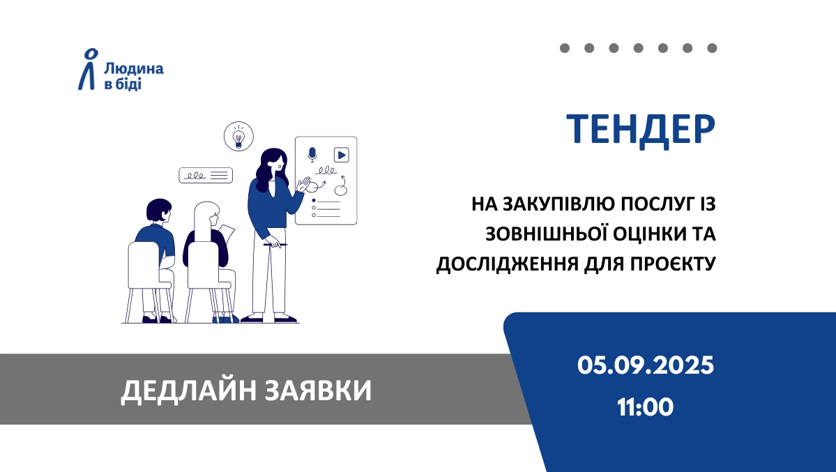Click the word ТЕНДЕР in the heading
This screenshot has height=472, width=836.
click(x=640, y=130)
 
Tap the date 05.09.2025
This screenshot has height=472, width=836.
click(x=645, y=366)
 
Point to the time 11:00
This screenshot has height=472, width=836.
click(x=645, y=407)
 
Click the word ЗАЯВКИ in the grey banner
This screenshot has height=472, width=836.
click(x=319, y=390)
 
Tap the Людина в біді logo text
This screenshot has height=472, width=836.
click(x=133, y=76)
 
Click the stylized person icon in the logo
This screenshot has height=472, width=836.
click(x=88, y=69)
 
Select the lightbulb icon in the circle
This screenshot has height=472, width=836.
click(x=238, y=136)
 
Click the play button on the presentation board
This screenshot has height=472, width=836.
click(x=341, y=155)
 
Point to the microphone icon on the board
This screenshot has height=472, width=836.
click(x=312, y=155)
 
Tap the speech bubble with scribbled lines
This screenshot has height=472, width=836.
click(x=206, y=176)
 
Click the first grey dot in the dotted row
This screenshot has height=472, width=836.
click(x=565, y=48)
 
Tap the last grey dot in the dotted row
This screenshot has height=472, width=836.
click(x=712, y=48)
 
